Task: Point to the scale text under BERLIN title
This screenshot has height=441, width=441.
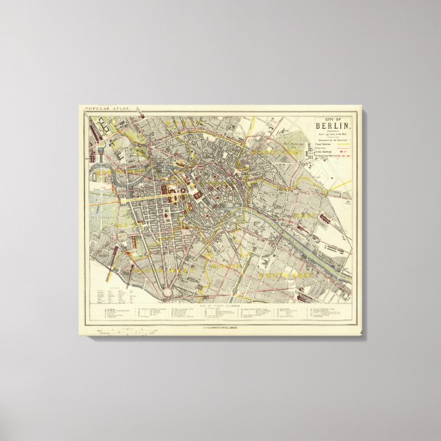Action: [332, 133]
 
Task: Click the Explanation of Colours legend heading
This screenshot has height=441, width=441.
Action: [332, 139]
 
